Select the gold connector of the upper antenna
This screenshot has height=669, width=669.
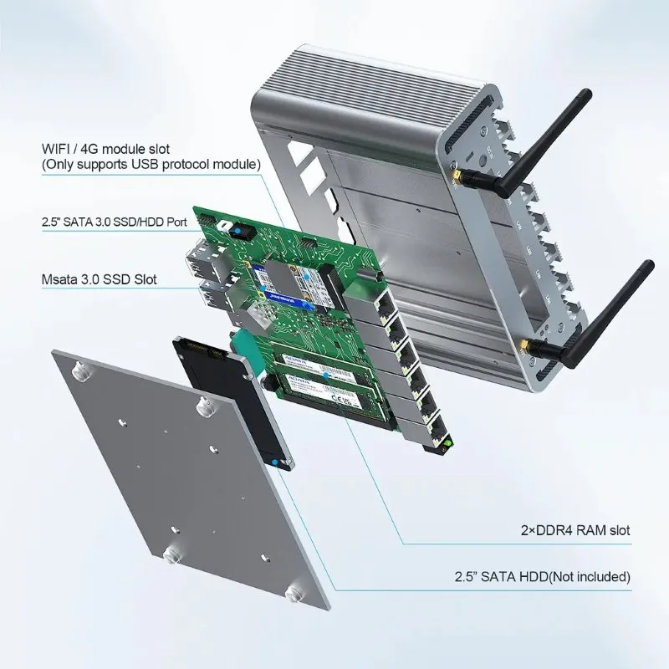click(460, 176)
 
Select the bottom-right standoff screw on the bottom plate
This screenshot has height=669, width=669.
click(294, 594)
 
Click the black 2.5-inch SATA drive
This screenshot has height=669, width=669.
click(226, 393)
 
